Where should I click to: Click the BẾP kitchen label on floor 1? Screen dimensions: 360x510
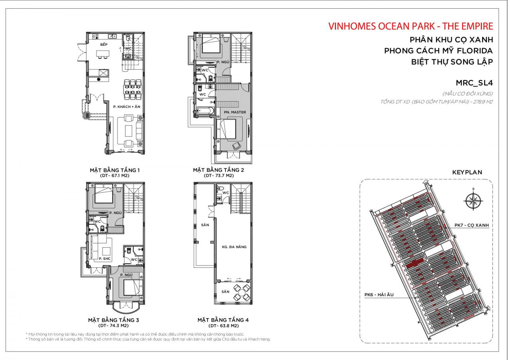click(x=104, y=44)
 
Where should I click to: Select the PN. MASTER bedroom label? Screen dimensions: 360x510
click(x=235, y=112)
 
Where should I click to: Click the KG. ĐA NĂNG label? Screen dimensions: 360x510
click(x=234, y=247)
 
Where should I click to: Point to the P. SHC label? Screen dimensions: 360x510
click(x=104, y=259)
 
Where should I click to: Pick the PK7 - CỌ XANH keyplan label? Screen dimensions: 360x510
click(x=471, y=225)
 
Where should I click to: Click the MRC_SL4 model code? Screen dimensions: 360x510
click(x=474, y=83)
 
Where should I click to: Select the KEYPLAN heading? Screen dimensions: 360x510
click(x=467, y=172)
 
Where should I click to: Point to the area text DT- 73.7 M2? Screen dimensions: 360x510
click(x=218, y=175)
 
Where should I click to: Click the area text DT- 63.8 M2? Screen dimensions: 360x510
click(x=223, y=325)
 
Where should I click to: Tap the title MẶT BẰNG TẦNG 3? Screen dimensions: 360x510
click(x=113, y=320)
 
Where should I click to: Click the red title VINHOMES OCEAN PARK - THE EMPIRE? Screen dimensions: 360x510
click(x=410, y=26)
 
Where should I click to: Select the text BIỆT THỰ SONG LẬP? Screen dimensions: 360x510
click(x=452, y=62)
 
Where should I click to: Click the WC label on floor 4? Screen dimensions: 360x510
click(x=226, y=193)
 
